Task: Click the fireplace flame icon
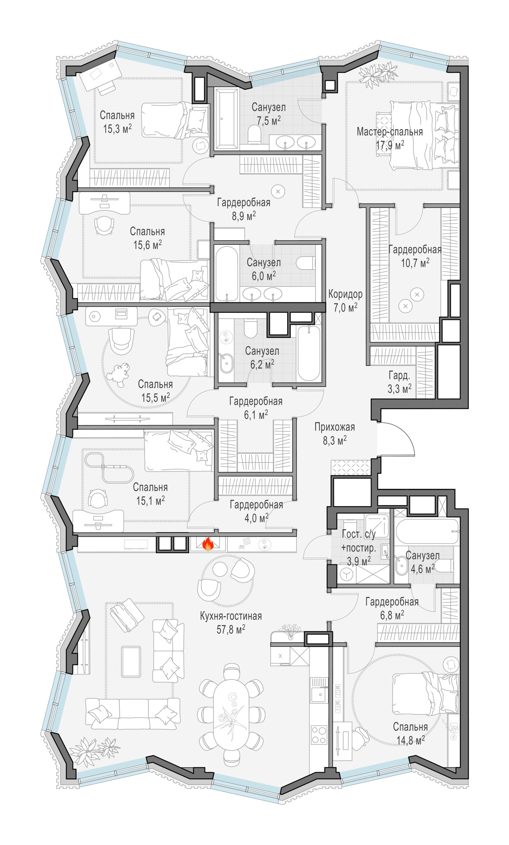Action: coord(208,544)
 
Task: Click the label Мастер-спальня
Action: coord(390,132)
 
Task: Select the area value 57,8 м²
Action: coord(231,629)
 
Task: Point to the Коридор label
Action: coord(345,294)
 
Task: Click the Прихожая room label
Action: coord(335,427)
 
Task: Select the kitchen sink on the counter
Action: coord(319,694)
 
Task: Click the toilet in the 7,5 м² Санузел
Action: coord(254,134)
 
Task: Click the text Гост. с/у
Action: coord(359,534)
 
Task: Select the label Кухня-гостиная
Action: coord(231,616)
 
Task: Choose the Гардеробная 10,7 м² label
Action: coord(415,256)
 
